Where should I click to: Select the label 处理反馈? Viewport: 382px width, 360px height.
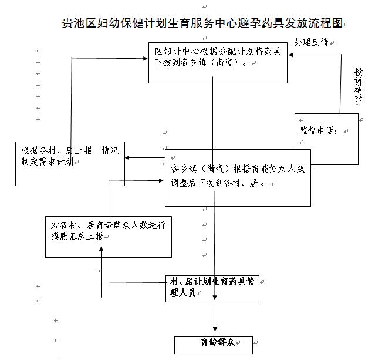click(x=311, y=43)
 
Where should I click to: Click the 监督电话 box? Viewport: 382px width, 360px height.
click(x=326, y=139)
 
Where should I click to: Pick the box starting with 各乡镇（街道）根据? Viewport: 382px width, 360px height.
click(x=237, y=177)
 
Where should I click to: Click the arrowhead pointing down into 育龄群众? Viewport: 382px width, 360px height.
click(x=217, y=329)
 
